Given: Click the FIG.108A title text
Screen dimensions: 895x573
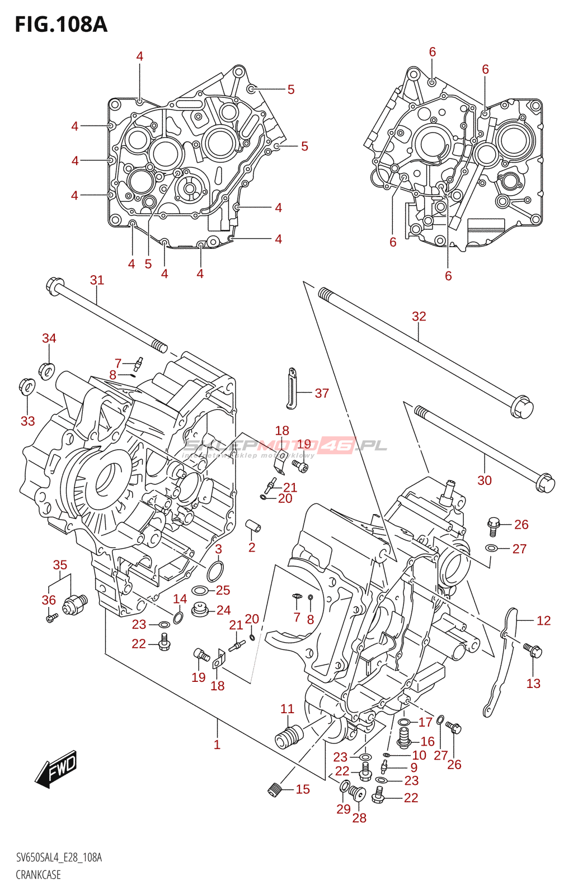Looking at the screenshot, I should [60, 25].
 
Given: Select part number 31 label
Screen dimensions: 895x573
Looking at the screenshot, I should [97, 280].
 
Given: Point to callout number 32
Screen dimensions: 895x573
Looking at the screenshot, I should [419, 317].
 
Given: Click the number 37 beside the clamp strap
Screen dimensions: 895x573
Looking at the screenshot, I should [322, 393].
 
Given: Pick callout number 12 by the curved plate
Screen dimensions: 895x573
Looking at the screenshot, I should [543, 620].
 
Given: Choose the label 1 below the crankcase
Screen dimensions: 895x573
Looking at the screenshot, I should [217, 745].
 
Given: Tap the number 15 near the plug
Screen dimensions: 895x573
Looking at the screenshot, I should [303, 789].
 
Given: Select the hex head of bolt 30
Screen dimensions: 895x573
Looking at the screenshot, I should [544, 483].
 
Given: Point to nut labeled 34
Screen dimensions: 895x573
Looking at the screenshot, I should [47, 370].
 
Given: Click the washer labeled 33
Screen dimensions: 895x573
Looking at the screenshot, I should [26, 385].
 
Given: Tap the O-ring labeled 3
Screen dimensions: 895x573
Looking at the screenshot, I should [215, 572].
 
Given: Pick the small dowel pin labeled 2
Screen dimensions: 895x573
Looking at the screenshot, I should [253, 526].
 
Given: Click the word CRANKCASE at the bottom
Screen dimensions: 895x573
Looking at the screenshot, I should [38, 875].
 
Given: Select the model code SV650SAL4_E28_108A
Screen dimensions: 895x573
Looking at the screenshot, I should [59, 858].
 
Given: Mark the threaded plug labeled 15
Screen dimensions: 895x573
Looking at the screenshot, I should [274, 789].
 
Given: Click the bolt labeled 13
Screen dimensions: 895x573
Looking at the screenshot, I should [533, 651].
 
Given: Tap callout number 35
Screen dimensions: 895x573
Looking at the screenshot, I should [60, 565].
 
